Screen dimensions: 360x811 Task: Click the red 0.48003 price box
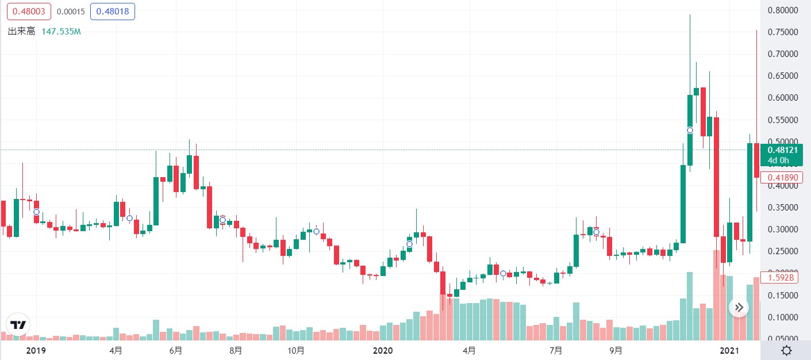pyautogui.click(x=29, y=12)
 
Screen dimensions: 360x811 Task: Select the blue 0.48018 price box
pyautogui.click(x=112, y=12)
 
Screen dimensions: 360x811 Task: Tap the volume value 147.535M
pyautogui.click(x=61, y=31)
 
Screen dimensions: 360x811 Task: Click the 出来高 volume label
pyautogui.click(x=21, y=31)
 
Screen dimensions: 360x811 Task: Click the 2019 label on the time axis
pyautogui.click(x=36, y=350)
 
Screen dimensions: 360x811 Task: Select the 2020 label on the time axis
pyautogui.click(x=382, y=350)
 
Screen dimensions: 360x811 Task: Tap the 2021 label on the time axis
pyautogui.click(x=729, y=350)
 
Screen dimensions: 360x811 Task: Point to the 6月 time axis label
pyautogui.click(x=176, y=350)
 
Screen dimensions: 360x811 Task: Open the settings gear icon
pyautogui.click(x=786, y=350)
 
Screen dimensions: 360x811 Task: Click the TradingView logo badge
pyautogui.click(x=18, y=325)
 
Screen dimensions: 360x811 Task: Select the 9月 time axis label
pyautogui.click(x=616, y=350)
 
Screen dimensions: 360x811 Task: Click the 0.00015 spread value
pyautogui.click(x=70, y=12)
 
